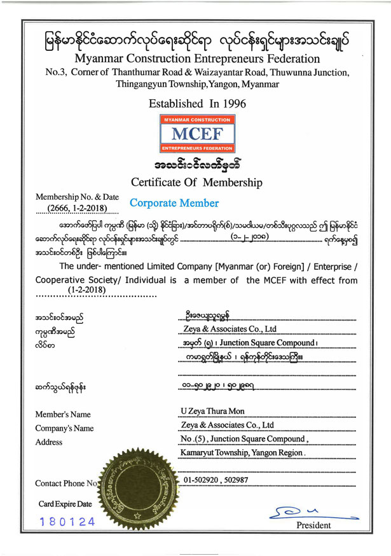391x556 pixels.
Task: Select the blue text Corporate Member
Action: (x=174, y=204)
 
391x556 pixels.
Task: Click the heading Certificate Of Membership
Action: (x=196, y=183)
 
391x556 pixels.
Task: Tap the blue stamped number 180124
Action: (x=67, y=522)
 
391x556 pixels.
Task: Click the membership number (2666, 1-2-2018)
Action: (x=76, y=207)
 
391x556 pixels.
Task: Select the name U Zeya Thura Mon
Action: (x=213, y=411)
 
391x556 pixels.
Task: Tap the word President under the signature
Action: (x=313, y=525)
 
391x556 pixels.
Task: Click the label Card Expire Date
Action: (x=65, y=504)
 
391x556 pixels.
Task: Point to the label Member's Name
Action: (x=63, y=415)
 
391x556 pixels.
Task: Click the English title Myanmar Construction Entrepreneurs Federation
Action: (x=196, y=59)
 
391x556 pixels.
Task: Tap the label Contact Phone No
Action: (x=65, y=484)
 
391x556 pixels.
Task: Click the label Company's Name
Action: (x=65, y=428)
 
